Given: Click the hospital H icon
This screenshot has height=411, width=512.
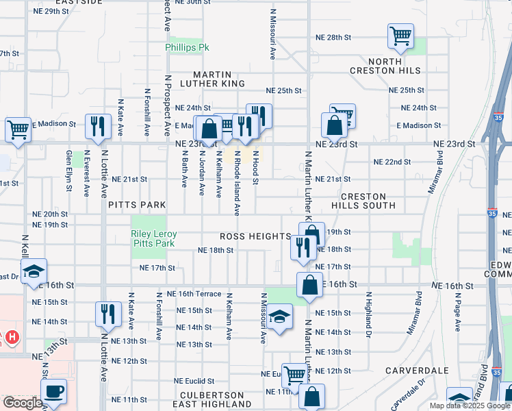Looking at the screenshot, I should [x=12, y=336].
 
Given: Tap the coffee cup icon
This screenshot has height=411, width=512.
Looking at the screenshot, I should [x=53, y=393].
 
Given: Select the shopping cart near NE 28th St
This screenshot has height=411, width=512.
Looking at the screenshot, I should [x=400, y=36].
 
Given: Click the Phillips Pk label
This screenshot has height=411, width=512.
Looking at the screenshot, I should [x=186, y=48].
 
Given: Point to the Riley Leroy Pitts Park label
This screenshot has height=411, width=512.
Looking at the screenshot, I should [x=154, y=239].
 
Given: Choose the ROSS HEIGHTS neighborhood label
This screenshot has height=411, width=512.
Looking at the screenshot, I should [x=255, y=236].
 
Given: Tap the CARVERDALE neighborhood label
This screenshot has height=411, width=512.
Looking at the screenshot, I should [x=416, y=371].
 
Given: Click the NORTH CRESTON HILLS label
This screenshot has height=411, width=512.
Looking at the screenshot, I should [x=395, y=65].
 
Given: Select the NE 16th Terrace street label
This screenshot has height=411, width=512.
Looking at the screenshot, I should [x=199, y=293].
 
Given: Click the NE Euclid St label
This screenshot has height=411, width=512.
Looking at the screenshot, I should [x=194, y=381].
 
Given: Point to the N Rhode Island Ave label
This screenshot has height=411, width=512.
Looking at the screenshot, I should [x=237, y=183].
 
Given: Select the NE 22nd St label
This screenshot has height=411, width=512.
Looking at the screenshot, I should [x=392, y=162].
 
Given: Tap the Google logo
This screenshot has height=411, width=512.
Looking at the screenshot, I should [x=23, y=403].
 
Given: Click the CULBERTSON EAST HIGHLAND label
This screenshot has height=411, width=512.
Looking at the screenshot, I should [x=212, y=400].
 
